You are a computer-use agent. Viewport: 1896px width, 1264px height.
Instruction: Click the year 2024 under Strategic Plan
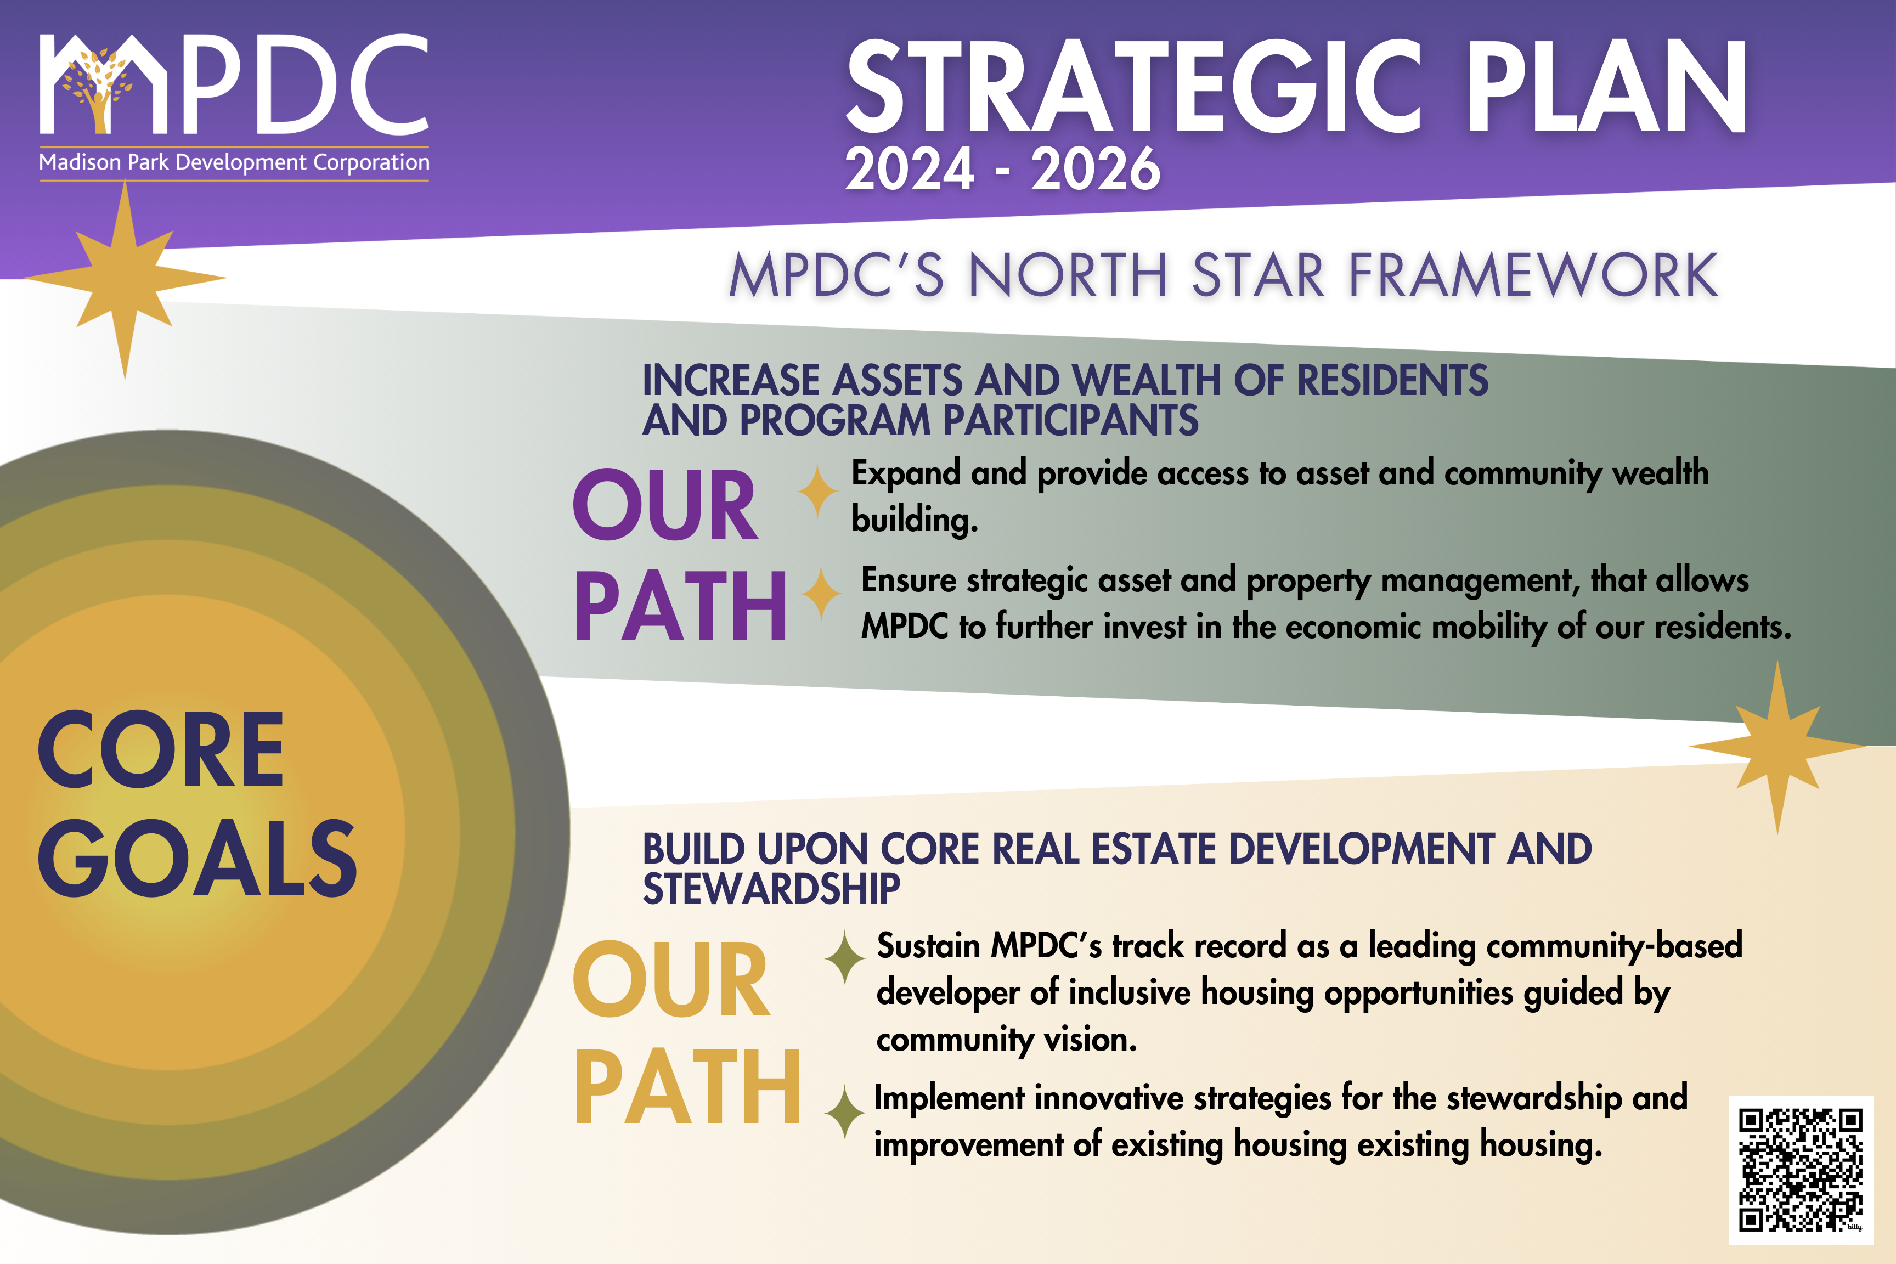tap(909, 170)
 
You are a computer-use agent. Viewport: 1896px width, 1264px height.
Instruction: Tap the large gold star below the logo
tap(125, 279)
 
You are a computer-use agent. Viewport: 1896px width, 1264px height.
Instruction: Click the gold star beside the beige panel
tap(1777, 747)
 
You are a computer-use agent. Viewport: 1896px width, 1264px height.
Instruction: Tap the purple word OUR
tap(664, 505)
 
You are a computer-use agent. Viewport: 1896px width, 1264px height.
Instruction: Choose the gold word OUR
tap(671, 979)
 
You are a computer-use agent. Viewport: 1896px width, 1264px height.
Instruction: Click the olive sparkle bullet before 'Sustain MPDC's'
tap(845, 958)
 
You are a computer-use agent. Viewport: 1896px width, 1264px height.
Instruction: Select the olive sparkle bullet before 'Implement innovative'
tap(845, 1113)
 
